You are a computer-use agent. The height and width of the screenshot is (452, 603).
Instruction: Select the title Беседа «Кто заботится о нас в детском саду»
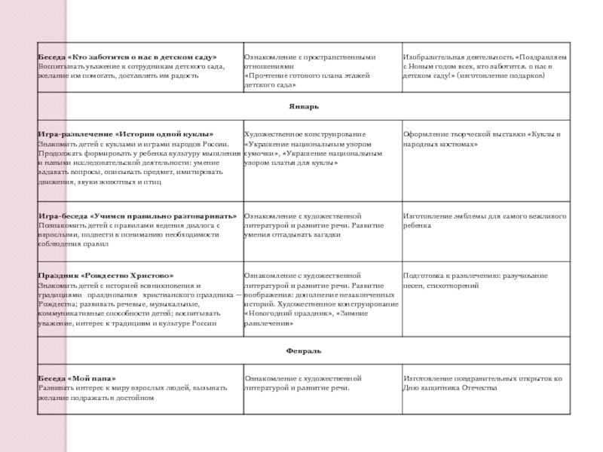[x=127, y=57]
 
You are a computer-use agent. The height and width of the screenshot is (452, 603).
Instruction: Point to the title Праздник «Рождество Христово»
[x=106, y=276]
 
